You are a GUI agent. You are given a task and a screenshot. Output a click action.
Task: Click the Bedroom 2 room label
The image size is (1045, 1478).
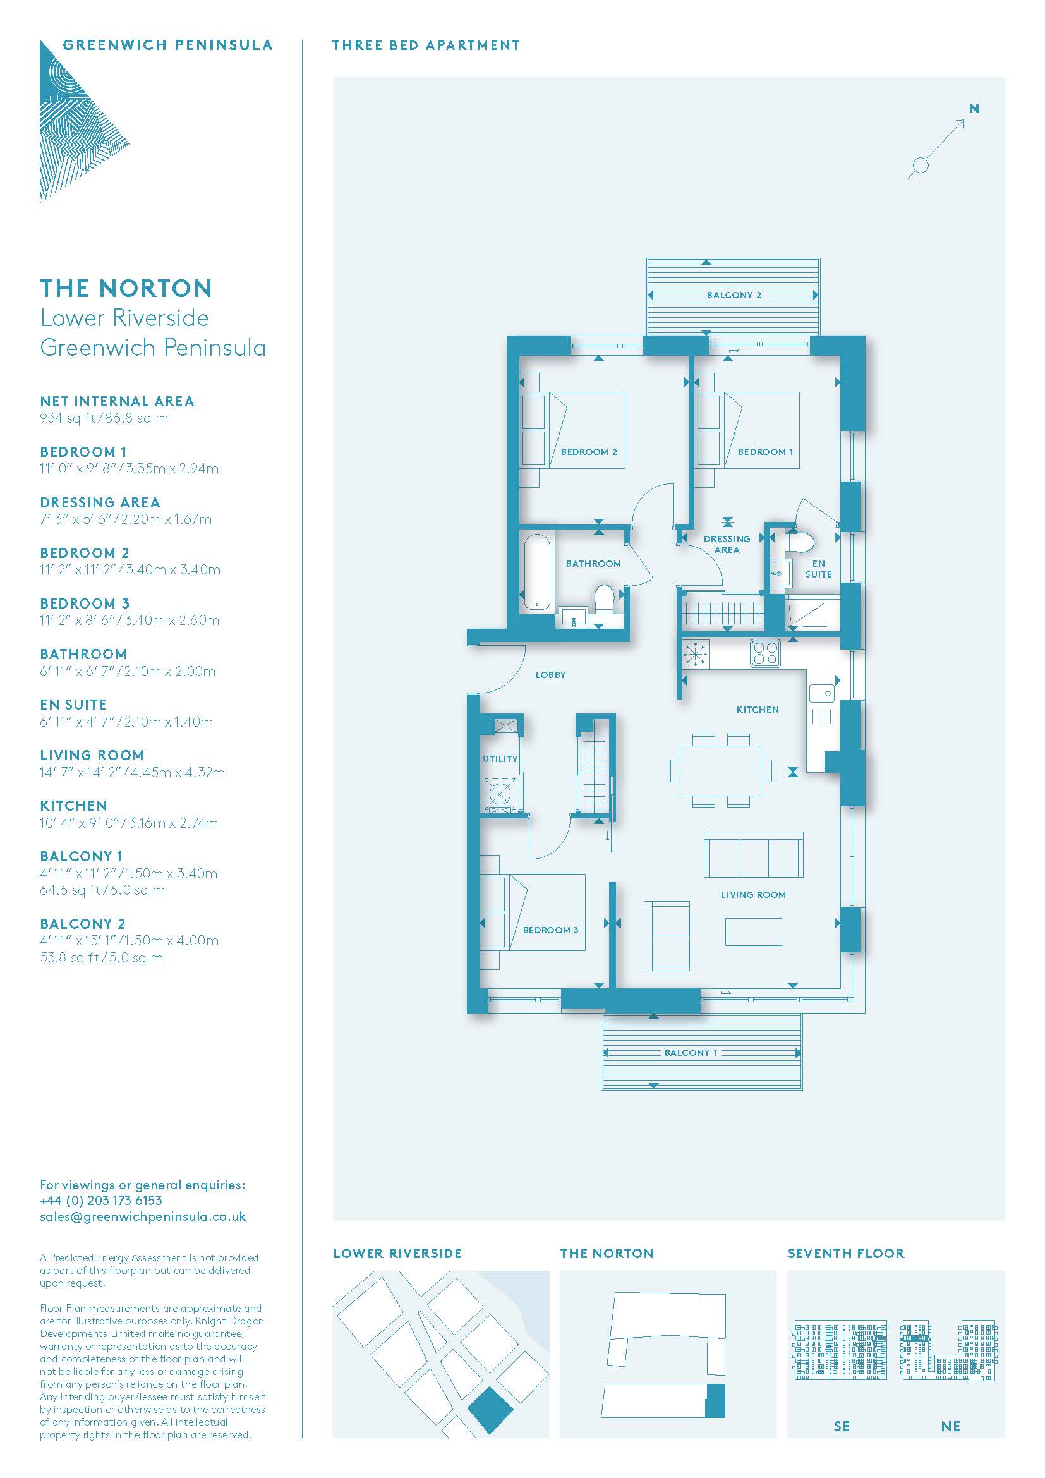click(x=589, y=452)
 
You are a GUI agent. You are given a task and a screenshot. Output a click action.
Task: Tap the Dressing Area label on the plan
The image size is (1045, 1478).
click(x=727, y=544)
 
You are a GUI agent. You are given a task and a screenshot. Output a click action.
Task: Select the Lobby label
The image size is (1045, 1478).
click(x=550, y=675)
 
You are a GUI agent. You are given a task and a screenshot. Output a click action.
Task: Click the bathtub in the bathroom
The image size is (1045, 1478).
click(x=536, y=571)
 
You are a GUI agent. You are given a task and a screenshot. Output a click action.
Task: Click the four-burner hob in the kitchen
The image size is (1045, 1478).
click(x=765, y=653)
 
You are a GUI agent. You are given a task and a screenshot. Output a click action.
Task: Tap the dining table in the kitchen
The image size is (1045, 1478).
click(x=721, y=770)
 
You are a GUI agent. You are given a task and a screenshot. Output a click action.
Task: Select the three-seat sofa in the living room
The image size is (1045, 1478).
click(x=753, y=855)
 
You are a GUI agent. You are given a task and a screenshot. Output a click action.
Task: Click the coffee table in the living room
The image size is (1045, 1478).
click(x=754, y=931)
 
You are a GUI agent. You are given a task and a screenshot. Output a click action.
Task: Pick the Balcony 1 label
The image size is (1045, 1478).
click(x=691, y=1053)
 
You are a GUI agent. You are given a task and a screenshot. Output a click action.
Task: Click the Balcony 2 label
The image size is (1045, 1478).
click(x=734, y=296)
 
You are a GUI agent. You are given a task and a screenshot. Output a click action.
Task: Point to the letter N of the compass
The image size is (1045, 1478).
click(x=974, y=109)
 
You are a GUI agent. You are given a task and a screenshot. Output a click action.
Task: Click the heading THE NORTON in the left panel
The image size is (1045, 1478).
click(x=126, y=288)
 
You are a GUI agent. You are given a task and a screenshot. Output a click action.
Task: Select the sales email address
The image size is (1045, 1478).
click(x=143, y=1217)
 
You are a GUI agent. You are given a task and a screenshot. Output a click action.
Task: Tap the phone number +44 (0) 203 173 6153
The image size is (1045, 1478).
click(x=101, y=1201)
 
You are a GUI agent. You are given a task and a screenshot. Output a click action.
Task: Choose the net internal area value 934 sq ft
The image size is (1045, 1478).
click(x=68, y=418)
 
